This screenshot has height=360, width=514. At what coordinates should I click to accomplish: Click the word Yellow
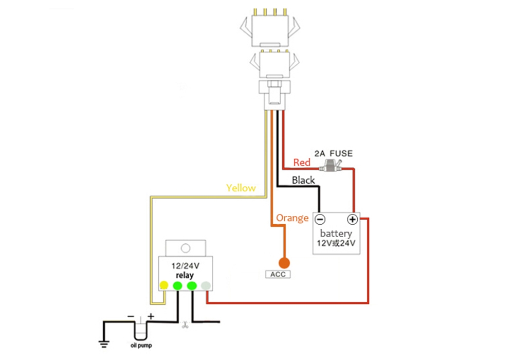(x=241, y=188)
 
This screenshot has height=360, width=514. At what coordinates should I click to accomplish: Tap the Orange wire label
(x=292, y=218)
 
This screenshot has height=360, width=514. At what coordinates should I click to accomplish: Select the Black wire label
(x=303, y=180)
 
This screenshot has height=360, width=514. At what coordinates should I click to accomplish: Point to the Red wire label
(x=302, y=163)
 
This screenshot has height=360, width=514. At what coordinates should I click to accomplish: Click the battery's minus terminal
(x=319, y=220)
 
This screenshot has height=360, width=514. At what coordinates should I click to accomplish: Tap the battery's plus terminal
(x=352, y=220)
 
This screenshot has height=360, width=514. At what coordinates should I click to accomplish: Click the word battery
(x=336, y=233)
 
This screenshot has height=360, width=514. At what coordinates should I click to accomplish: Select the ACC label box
(x=277, y=274)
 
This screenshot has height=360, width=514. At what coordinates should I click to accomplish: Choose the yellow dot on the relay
(x=164, y=285)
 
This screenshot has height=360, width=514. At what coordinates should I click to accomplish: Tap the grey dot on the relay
(x=206, y=285)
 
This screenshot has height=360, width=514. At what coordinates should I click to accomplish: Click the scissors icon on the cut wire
(x=184, y=325)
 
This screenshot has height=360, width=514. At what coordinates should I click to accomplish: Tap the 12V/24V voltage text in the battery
(x=336, y=243)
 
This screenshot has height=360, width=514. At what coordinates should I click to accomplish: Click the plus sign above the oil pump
(x=151, y=316)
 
